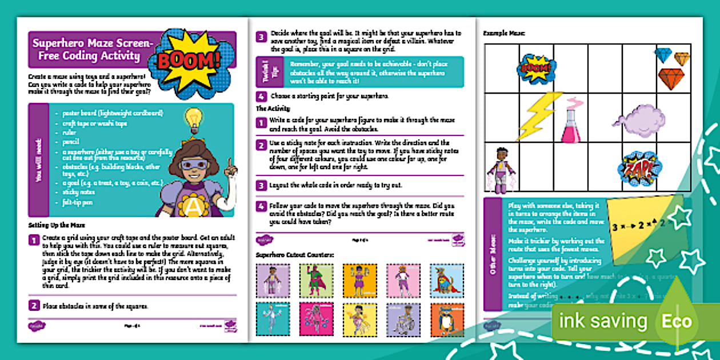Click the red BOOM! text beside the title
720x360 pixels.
(x=188, y=59)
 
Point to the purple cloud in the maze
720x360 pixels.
(x=638, y=117)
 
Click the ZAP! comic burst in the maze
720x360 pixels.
(x=639, y=168)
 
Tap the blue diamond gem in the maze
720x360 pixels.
(x=663, y=55)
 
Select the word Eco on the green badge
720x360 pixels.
(x=676, y=321)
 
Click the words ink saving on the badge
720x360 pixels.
(x=603, y=321)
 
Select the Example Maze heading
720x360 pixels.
(x=505, y=34)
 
